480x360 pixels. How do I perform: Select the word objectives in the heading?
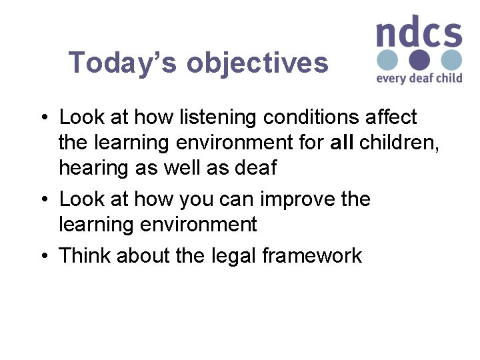click(x=257, y=63)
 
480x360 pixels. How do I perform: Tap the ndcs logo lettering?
click(x=418, y=33)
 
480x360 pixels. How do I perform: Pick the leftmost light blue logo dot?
click(x=387, y=60)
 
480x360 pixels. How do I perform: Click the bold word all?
click(x=342, y=143)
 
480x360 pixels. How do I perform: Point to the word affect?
click(x=392, y=117)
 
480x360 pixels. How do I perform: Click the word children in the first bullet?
click(x=399, y=143)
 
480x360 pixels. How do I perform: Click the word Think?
click(x=85, y=255)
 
